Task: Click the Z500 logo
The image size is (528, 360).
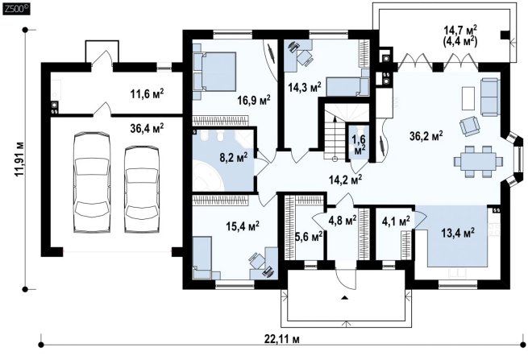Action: pyautogui.click(x=16, y=9)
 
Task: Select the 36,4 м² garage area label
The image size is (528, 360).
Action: pyautogui.click(x=147, y=127)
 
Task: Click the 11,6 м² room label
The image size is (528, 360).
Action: pyautogui.click(x=147, y=93)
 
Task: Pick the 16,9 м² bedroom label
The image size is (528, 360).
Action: pyautogui.click(x=254, y=100)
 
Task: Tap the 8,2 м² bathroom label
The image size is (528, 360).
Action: pyautogui.click(x=233, y=157)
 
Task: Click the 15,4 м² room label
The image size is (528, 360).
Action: pyautogui.click(x=243, y=226)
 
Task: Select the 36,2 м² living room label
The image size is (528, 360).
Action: pyautogui.click(x=426, y=136)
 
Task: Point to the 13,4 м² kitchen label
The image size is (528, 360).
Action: pyautogui.click(x=458, y=232)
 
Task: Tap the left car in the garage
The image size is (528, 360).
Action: pyautogui.click(x=92, y=182)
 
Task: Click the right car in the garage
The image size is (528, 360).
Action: pyautogui.click(x=142, y=189)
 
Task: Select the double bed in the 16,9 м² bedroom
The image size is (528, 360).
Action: pyautogui.click(x=214, y=72)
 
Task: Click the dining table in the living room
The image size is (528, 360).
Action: pyautogui.click(x=478, y=162)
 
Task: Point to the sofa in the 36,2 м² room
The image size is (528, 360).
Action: pyautogui.click(x=489, y=97)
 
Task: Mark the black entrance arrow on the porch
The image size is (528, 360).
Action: pyautogui.click(x=344, y=297)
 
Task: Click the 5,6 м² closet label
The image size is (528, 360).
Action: pyautogui.click(x=309, y=238)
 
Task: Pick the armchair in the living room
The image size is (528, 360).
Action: pyautogui.click(x=470, y=126)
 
